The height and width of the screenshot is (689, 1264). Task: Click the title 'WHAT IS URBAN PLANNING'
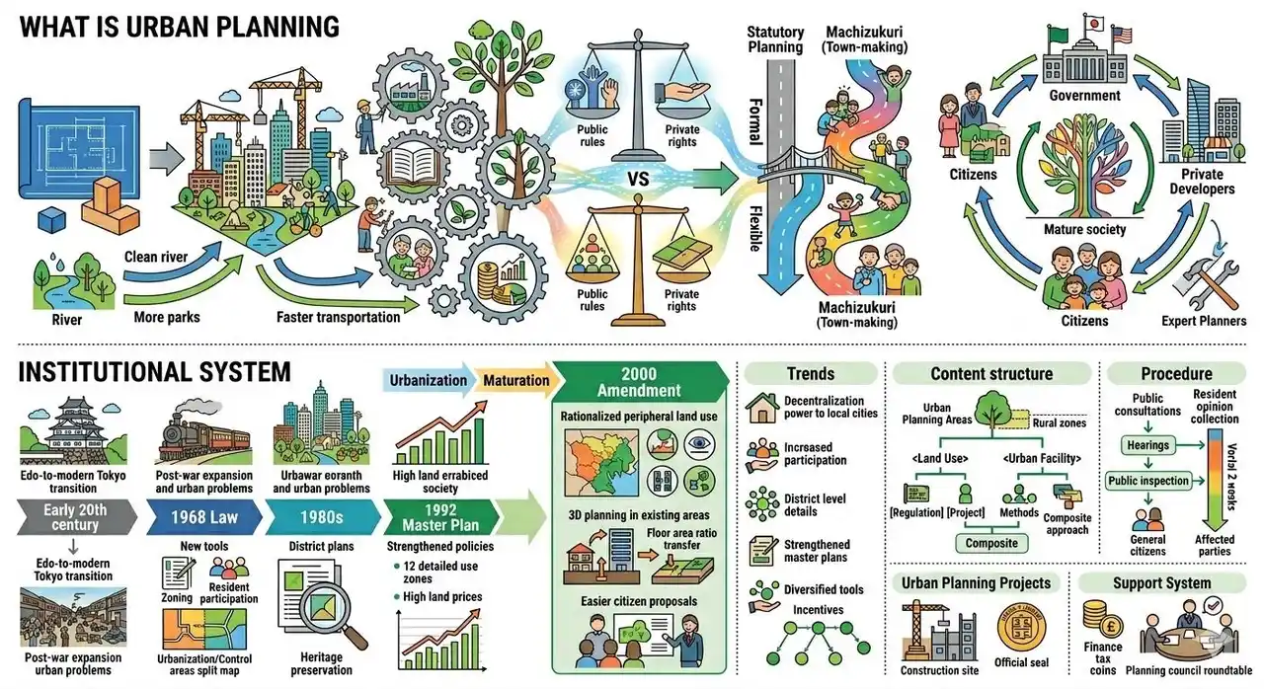tap(179, 27)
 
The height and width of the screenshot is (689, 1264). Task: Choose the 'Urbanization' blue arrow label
tap(428, 380)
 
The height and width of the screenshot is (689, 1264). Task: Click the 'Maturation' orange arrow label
tap(516, 380)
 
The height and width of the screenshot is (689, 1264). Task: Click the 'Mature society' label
tap(1085, 229)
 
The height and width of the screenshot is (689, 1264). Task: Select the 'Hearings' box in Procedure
tap(1147, 445)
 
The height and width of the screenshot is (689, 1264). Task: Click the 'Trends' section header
tap(811, 374)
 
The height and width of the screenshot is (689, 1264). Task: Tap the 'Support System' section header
tap(1161, 582)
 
